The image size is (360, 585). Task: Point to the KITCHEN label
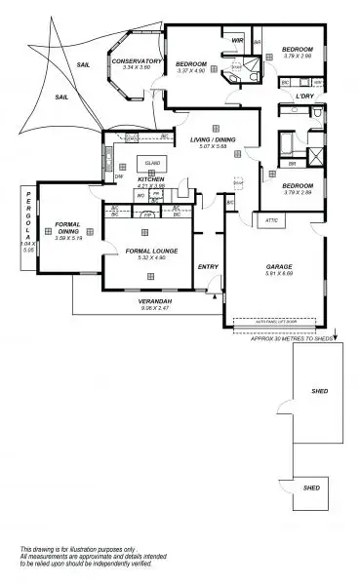coord(149,179)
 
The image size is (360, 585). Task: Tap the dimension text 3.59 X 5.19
coord(67,239)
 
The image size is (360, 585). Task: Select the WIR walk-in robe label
coord(237,40)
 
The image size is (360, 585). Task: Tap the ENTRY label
coord(208,266)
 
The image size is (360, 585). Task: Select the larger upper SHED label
coord(318,392)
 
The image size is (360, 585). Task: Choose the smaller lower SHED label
coord(311,487)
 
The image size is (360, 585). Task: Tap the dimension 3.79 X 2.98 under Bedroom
coord(297,56)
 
